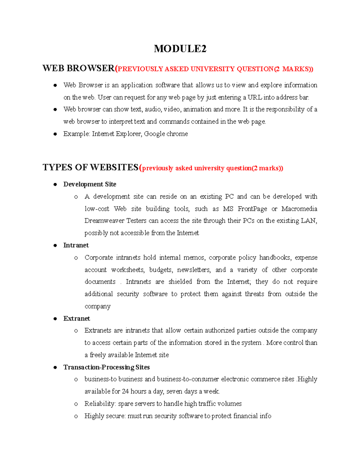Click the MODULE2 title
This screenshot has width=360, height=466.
coord(180,49)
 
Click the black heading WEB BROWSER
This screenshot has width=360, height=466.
coord(78,68)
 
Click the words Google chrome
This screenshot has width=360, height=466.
coord(166,134)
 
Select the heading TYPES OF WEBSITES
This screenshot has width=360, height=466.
coord(90,167)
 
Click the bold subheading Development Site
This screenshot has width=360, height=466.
coord(90,184)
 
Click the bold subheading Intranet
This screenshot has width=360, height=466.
coord(76,245)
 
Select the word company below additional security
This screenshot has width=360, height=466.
coord(97,306)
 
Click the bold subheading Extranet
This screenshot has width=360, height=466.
coord(76,319)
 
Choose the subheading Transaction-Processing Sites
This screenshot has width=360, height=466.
coord(106,367)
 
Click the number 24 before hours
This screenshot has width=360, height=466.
coord(125,392)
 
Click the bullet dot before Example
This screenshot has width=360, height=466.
coord(55,134)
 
